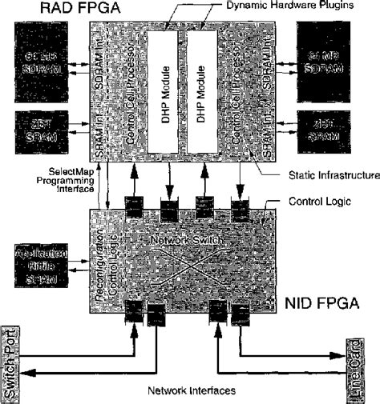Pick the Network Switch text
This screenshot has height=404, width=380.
(x=186, y=239)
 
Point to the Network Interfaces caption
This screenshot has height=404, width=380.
(x=190, y=392)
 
